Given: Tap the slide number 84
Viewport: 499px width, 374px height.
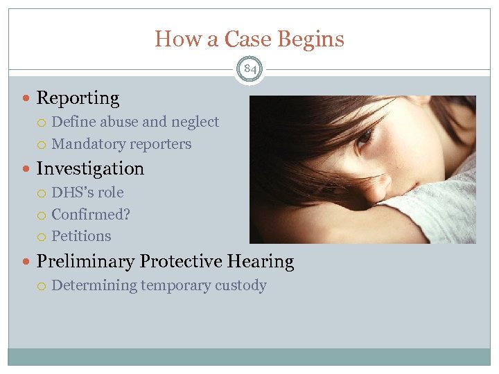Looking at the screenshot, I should [249, 69].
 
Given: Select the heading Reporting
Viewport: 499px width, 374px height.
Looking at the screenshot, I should [78, 98].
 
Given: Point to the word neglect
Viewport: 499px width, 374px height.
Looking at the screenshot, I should [195, 122].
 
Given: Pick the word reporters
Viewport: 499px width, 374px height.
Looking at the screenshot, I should [159, 144].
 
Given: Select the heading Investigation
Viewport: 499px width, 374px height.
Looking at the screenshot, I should [90, 168].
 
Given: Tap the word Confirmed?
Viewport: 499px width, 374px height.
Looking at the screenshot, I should [91, 215].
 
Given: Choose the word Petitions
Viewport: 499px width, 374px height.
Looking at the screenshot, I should [81, 236].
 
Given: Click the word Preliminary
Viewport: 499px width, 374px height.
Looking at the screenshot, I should [85, 262].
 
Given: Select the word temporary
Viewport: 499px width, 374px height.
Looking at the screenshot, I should [175, 285].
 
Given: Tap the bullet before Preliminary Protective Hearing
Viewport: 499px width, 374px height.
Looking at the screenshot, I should [27, 262].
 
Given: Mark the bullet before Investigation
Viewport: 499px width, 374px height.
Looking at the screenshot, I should [27, 168].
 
